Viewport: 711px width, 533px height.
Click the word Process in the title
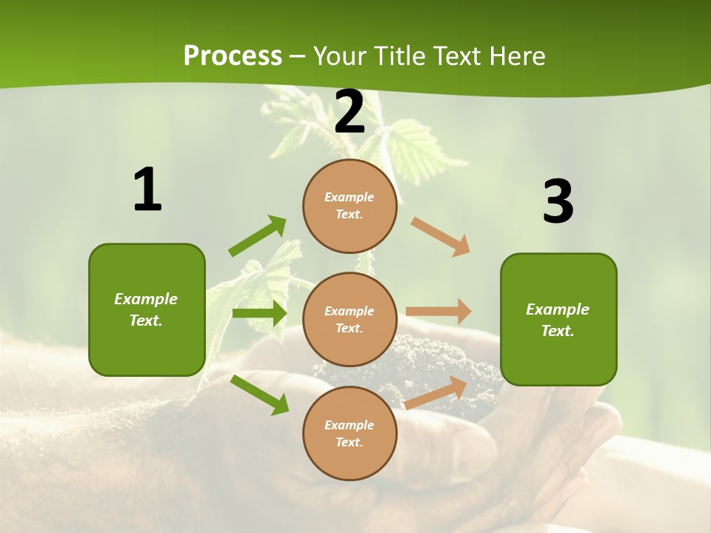pyautogui.click(x=233, y=56)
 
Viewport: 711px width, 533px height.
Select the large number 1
pyautogui.click(x=147, y=190)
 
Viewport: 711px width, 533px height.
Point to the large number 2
pyautogui.click(x=350, y=112)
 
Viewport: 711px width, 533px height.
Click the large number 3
pyautogui.click(x=558, y=202)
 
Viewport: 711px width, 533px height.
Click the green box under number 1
pyautogui.click(x=147, y=309)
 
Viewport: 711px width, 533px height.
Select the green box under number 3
pyautogui.click(x=558, y=320)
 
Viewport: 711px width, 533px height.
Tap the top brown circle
pyautogui.click(x=350, y=206)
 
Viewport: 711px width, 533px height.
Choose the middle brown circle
pyautogui.click(x=350, y=319)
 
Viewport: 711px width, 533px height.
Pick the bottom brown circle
pyautogui.click(x=350, y=433)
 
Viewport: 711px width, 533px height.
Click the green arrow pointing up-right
pyautogui.click(x=258, y=235)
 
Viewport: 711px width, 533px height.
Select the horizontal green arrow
pyautogui.click(x=259, y=313)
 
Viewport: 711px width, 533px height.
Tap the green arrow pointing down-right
pyautogui.click(x=260, y=395)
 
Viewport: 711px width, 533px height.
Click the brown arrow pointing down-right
pyautogui.click(x=441, y=237)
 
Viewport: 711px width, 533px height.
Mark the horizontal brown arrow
pyautogui.click(x=438, y=312)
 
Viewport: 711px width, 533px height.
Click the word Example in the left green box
pyautogui.click(x=146, y=299)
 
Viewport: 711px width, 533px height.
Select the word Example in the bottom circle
pyautogui.click(x=349, y=425)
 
